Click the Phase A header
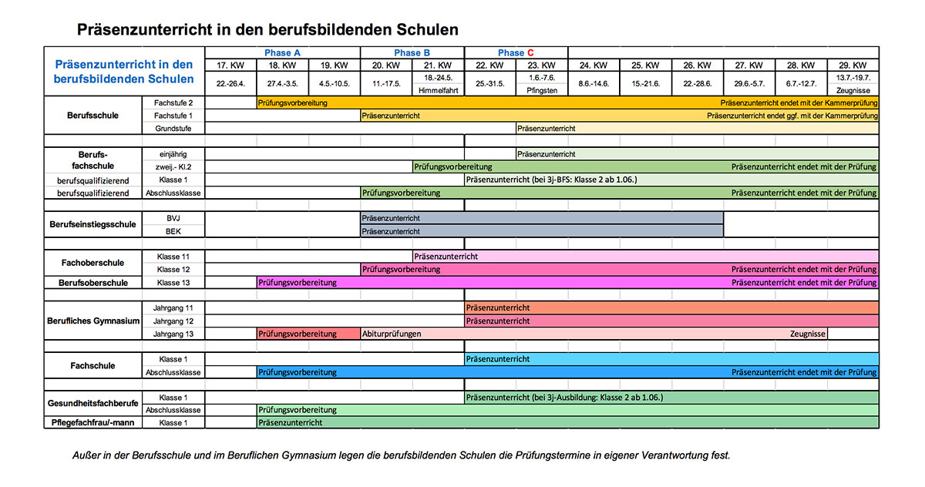click(x=283, y=52)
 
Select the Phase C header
click(x=516, y=52)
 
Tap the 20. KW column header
click(x=386, y=65)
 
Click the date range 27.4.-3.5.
click(x=282, y=83)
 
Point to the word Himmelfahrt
click(x=438, y=90)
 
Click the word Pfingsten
click(x=542, y=90)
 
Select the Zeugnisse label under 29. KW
click(x=853, y=90)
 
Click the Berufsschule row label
click(x=94, y=116)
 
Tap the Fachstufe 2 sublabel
click(x=173, y=102)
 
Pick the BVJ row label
click(x=173, y=218)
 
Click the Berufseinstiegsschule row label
click(x=93, y=224)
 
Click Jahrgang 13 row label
click(x=173, y=334)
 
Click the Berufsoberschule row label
click(x=93, y=283)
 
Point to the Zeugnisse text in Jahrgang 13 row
click(x=808, y=334)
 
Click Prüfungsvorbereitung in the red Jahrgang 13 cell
click(x=298, y=334)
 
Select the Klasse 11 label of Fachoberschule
click(x=173, y=257)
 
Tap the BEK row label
click(x=173, y=231)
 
